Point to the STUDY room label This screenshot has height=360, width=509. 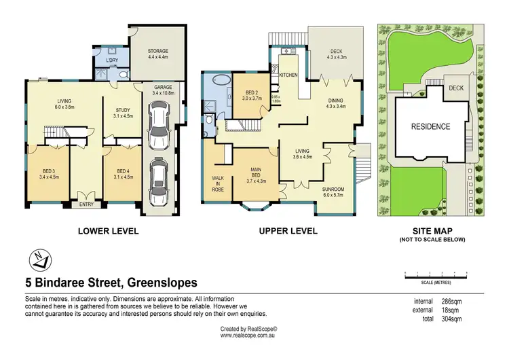[x=113, y=111]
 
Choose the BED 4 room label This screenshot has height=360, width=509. [x=123, y=171]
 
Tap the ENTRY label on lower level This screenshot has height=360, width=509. [x=87, y=203]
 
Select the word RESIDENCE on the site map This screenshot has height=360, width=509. [x=430, y=126]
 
